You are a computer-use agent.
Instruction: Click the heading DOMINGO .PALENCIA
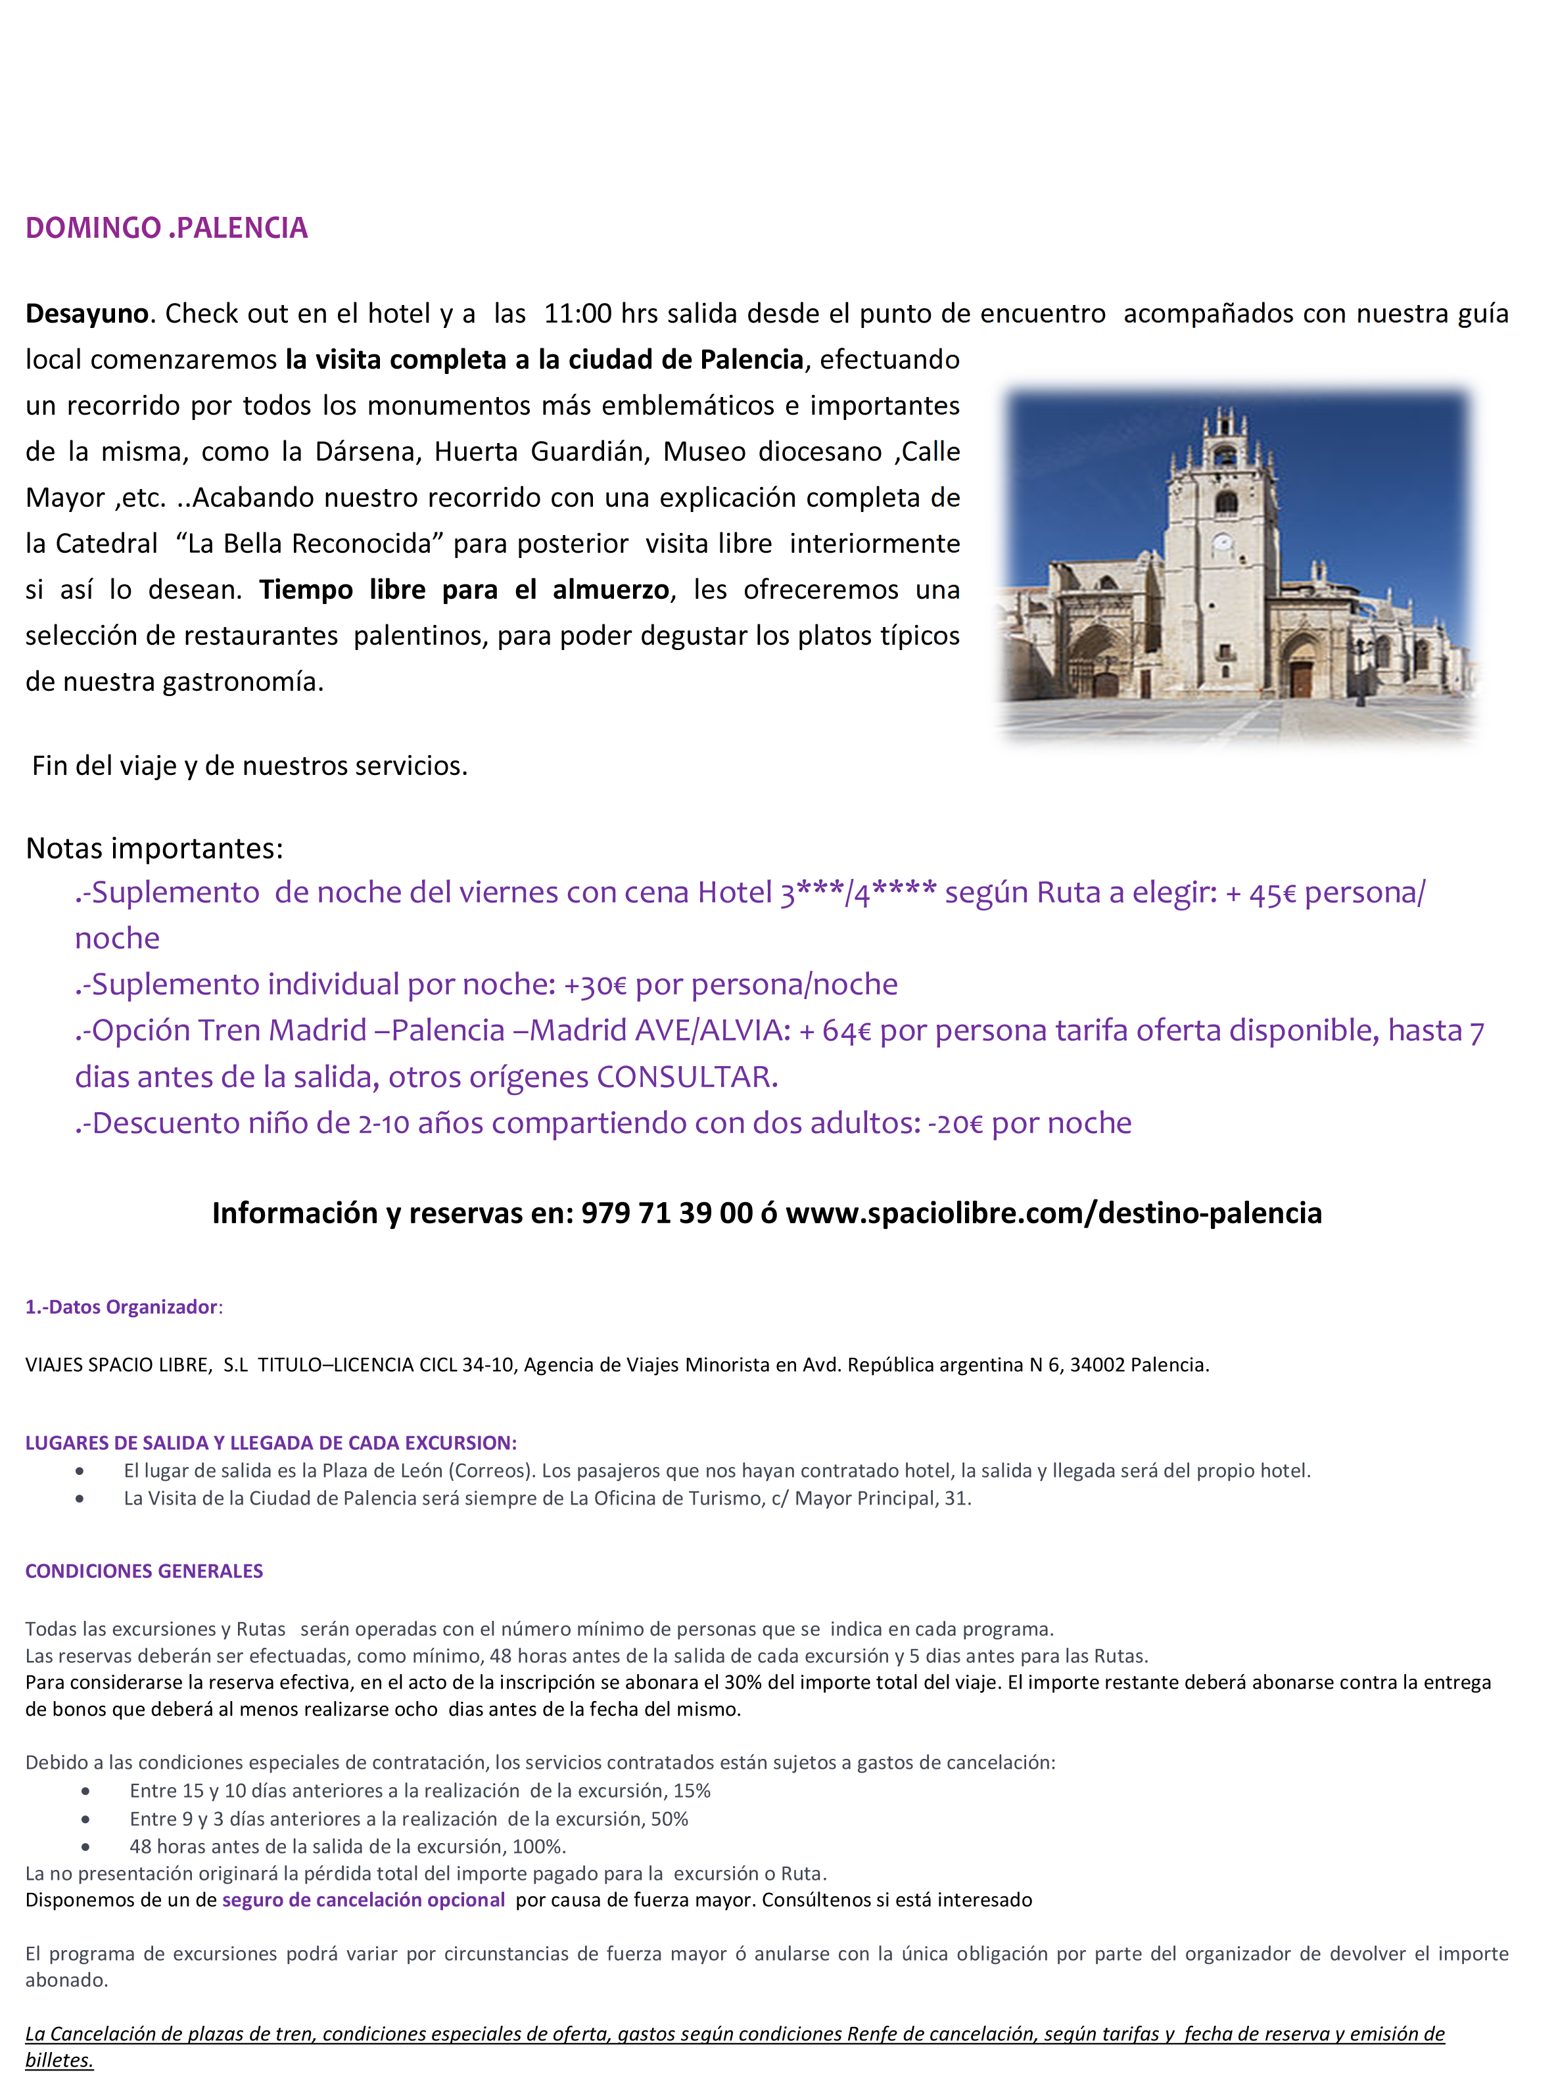tap(166, 228)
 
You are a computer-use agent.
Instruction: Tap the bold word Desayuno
tap(86, 314)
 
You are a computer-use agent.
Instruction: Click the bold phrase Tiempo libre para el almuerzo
tap(464, 590)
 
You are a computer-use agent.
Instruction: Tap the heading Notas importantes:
tap(154, 849)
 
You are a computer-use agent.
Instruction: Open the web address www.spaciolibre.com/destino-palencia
tap(1054, 1213)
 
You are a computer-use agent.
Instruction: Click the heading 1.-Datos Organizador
tap(122, 1307)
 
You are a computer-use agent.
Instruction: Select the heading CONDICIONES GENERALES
tap(144, 1571)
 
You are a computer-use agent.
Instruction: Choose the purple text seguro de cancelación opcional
tap(364, 1900)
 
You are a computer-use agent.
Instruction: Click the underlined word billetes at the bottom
tap(59, 2060)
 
